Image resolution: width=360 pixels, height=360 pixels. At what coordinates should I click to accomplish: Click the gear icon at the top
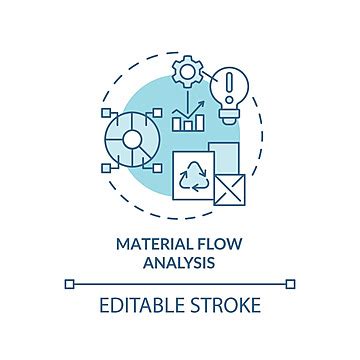(x=187, y=71)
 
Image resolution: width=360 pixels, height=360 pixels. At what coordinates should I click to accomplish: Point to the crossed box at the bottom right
(x=229, y=189)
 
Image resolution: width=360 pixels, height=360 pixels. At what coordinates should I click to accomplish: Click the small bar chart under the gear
(x=186, y=123)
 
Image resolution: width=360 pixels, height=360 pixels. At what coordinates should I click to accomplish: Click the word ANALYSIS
(x=180, y=262)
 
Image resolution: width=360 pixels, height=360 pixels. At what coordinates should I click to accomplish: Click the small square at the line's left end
(x=70, y=283)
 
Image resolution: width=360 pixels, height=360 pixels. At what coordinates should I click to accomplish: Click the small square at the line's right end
(x=290, y=283)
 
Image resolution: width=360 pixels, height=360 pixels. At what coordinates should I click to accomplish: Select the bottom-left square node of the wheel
(x=108, y=169)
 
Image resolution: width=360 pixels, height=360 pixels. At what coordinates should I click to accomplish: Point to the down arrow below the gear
(x=187, y=99)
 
